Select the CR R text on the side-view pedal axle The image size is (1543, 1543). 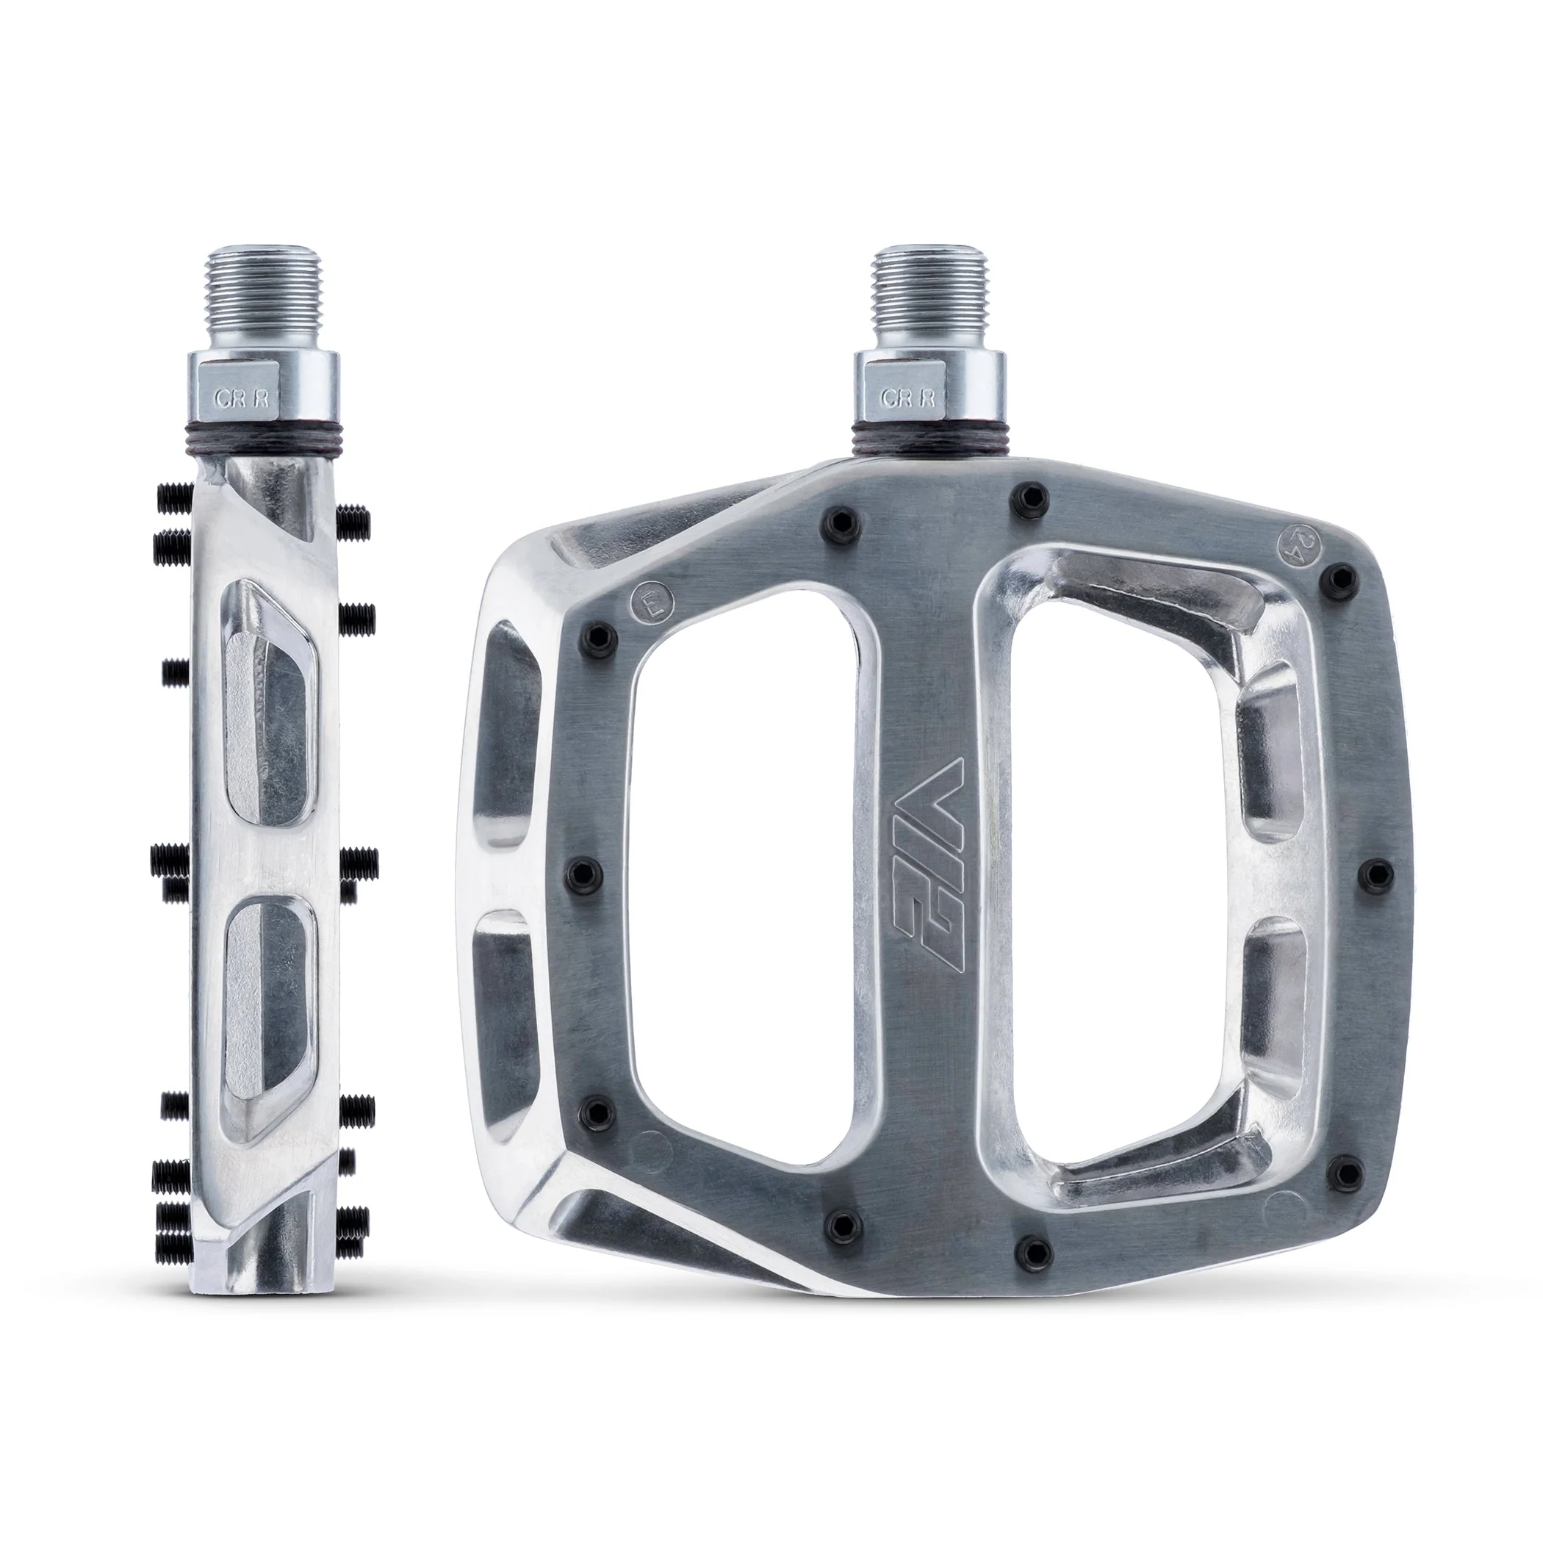coord(236,398)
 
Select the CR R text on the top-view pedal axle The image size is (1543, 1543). coord(905,398)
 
